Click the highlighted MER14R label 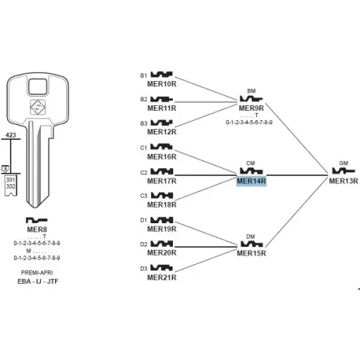252,181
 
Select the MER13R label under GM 343,181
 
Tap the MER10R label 162,84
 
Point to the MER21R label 162,277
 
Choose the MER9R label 252,108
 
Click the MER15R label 252,253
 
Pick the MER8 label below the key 37,230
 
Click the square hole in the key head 38,86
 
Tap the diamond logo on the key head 38,107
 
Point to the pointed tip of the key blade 35,208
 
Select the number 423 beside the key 11,135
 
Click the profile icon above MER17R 162,171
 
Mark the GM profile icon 343,171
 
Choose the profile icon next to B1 162,75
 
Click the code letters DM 251,237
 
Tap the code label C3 144,196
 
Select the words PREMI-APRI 37,273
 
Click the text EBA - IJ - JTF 38,281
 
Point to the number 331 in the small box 11,180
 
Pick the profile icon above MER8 36,220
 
